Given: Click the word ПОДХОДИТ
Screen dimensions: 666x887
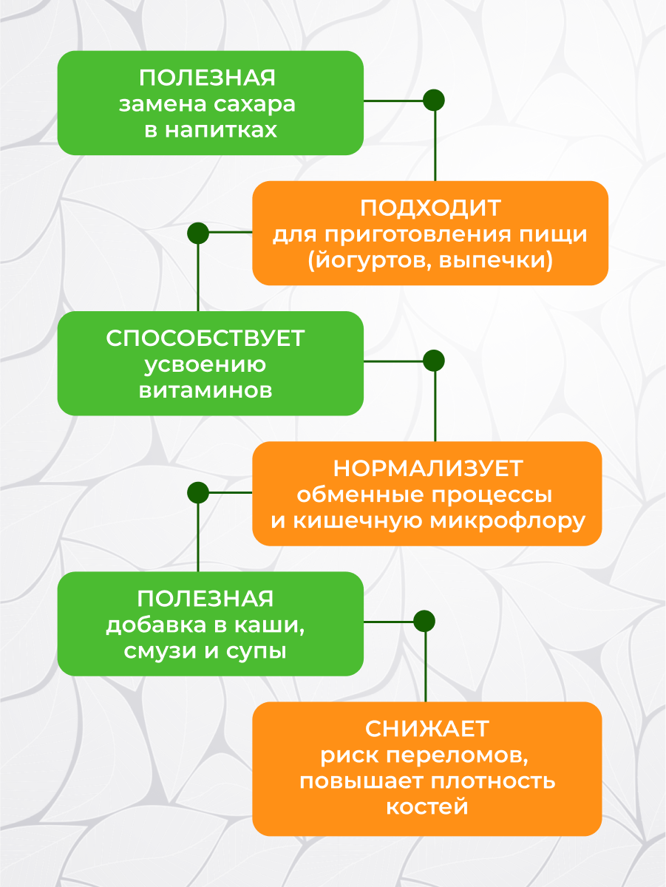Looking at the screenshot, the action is [430, 208].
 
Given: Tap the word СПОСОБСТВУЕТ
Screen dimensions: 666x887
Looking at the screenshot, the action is [205, 338].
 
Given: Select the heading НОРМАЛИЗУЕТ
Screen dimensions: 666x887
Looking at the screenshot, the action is [427, 468].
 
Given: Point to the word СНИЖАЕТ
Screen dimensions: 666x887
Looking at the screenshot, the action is [427, 729].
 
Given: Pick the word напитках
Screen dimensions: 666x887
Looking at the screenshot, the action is [221, 130].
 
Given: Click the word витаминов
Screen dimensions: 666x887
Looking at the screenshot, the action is [205, 390].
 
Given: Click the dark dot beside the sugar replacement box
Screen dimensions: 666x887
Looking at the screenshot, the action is [434, 101].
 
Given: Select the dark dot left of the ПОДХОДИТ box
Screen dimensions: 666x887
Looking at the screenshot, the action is [198, 234].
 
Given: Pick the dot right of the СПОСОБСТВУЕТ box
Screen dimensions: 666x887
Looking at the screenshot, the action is [434, 361].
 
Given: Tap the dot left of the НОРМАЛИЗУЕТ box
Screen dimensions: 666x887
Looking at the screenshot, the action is [198, 492].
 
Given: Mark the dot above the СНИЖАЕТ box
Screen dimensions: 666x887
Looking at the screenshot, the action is [424, 622].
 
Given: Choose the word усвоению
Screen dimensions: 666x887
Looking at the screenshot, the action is [205, 364].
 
